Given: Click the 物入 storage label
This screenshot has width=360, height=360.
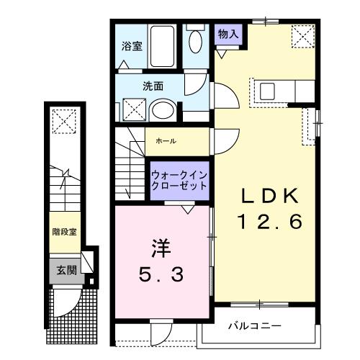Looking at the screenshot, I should [x=230, y=34].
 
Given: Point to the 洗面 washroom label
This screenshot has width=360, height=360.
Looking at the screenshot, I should [x=152, y=86].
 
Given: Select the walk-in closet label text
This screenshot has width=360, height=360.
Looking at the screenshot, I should [x=179, y=179].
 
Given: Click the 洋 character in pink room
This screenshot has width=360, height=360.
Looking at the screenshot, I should [x=161, y=248].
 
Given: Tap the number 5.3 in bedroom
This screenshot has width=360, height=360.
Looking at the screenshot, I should [x=161, y=274].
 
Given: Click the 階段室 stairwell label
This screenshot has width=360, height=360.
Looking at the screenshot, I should [x=66, y=232].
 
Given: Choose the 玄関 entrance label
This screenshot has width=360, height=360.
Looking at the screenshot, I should [x=66, y=271].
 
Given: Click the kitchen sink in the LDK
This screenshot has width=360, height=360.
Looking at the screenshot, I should [x=269, y=91].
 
